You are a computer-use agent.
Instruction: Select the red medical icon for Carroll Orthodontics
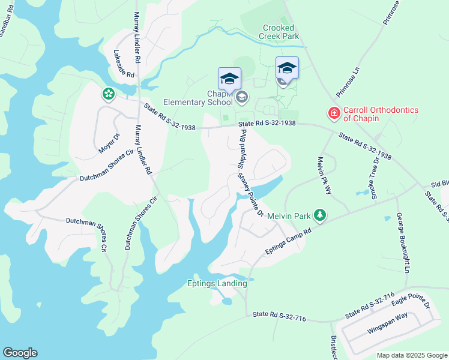click(x=333, y=112)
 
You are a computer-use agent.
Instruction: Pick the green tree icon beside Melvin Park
click(x=321, y=215)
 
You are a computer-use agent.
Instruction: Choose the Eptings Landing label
click(x=217, y=283)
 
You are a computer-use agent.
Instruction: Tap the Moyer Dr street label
click(x=110, y=143)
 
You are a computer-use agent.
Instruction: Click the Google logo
click(x=20, y=353)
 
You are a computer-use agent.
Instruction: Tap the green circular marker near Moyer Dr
click(x=108, y=94)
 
